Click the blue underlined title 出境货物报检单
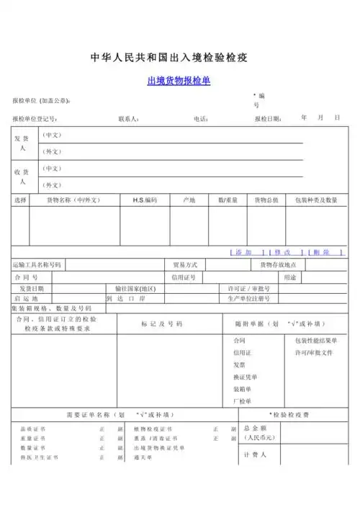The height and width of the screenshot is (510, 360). [179, 81]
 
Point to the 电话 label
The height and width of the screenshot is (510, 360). [201, 119]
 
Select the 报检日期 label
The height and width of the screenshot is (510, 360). [268, 119]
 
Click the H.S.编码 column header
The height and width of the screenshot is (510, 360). [144, 200]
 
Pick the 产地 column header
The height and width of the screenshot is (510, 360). [189, 200]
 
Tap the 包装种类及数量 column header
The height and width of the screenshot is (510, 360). [312, 200]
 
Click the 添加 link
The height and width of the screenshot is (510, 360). [243, 252]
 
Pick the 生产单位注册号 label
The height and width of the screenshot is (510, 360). [249, 298]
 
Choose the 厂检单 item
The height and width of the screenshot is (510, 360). [241, 401]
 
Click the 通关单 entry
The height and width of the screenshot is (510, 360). [143, 457]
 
